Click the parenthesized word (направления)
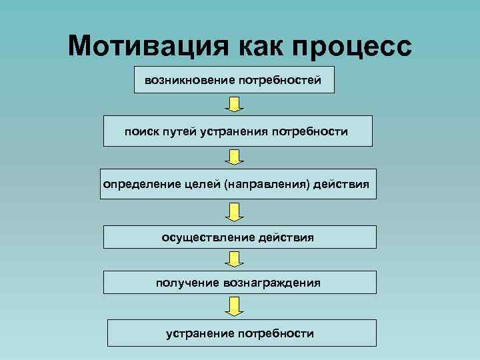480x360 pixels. (269, 183)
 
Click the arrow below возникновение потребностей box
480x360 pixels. (233, 104)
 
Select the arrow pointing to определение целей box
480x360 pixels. (233, 156)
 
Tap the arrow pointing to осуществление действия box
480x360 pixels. (233, 211)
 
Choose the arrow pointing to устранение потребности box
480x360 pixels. (233, 306)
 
